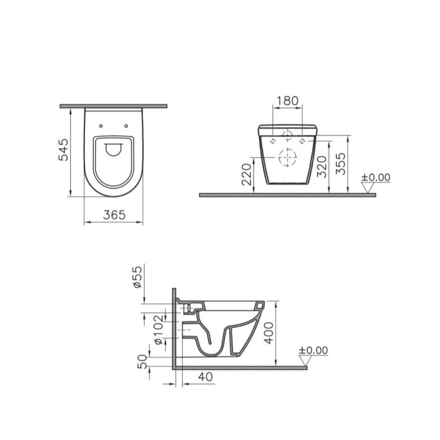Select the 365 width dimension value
[x=114, y=215]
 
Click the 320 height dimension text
[x=322, y=166]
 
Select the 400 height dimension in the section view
[x=269, y=332]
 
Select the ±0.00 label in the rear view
[x=375, y=177]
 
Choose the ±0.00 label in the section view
[x=313, y=350]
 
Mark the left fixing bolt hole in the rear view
[x=273, y=141]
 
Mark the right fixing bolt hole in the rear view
[x=302, y=141]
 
